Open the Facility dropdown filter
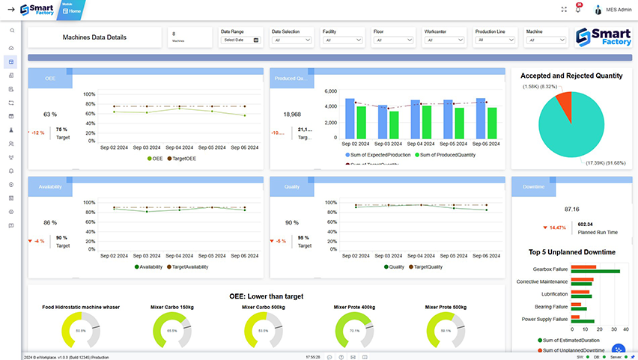pos(342,40)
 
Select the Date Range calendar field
pos(240,40)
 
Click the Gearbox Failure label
pos(550,269)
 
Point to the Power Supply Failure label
pos(544,320)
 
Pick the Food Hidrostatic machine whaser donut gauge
pos(81,329)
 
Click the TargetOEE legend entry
pos(182,159)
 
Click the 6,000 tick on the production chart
pos(331,91)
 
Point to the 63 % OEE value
pos(50,115)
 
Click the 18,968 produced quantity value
pos(292,115)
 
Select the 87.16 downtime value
pos(572,209)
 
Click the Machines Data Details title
pos(94,37)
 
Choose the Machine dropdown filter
pos(546,40)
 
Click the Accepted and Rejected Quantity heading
pos(571,76)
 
